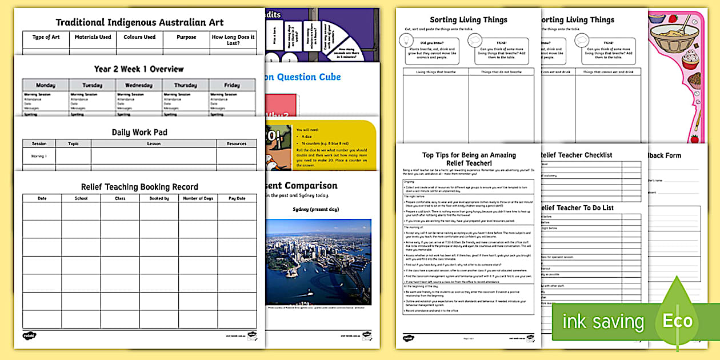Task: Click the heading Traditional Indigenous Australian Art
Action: point(139,22)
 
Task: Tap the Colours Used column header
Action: point(139,37)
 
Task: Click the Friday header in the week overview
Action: point(232,85)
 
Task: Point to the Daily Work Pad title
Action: point(139,132)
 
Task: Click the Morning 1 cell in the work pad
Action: point(39,156)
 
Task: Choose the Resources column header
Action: point(236,144)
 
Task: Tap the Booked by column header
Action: point(159,198)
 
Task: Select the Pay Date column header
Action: point(237,198)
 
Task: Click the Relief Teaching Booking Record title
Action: point(139,187)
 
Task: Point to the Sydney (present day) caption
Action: point(315,209)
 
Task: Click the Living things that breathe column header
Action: point(436,71)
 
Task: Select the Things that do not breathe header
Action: point(501,71)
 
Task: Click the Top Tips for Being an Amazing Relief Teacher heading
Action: point(469,159)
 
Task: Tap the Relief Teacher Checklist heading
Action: point(575,155)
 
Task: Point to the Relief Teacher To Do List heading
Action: point(576,208)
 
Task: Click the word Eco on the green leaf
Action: point(678,321)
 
